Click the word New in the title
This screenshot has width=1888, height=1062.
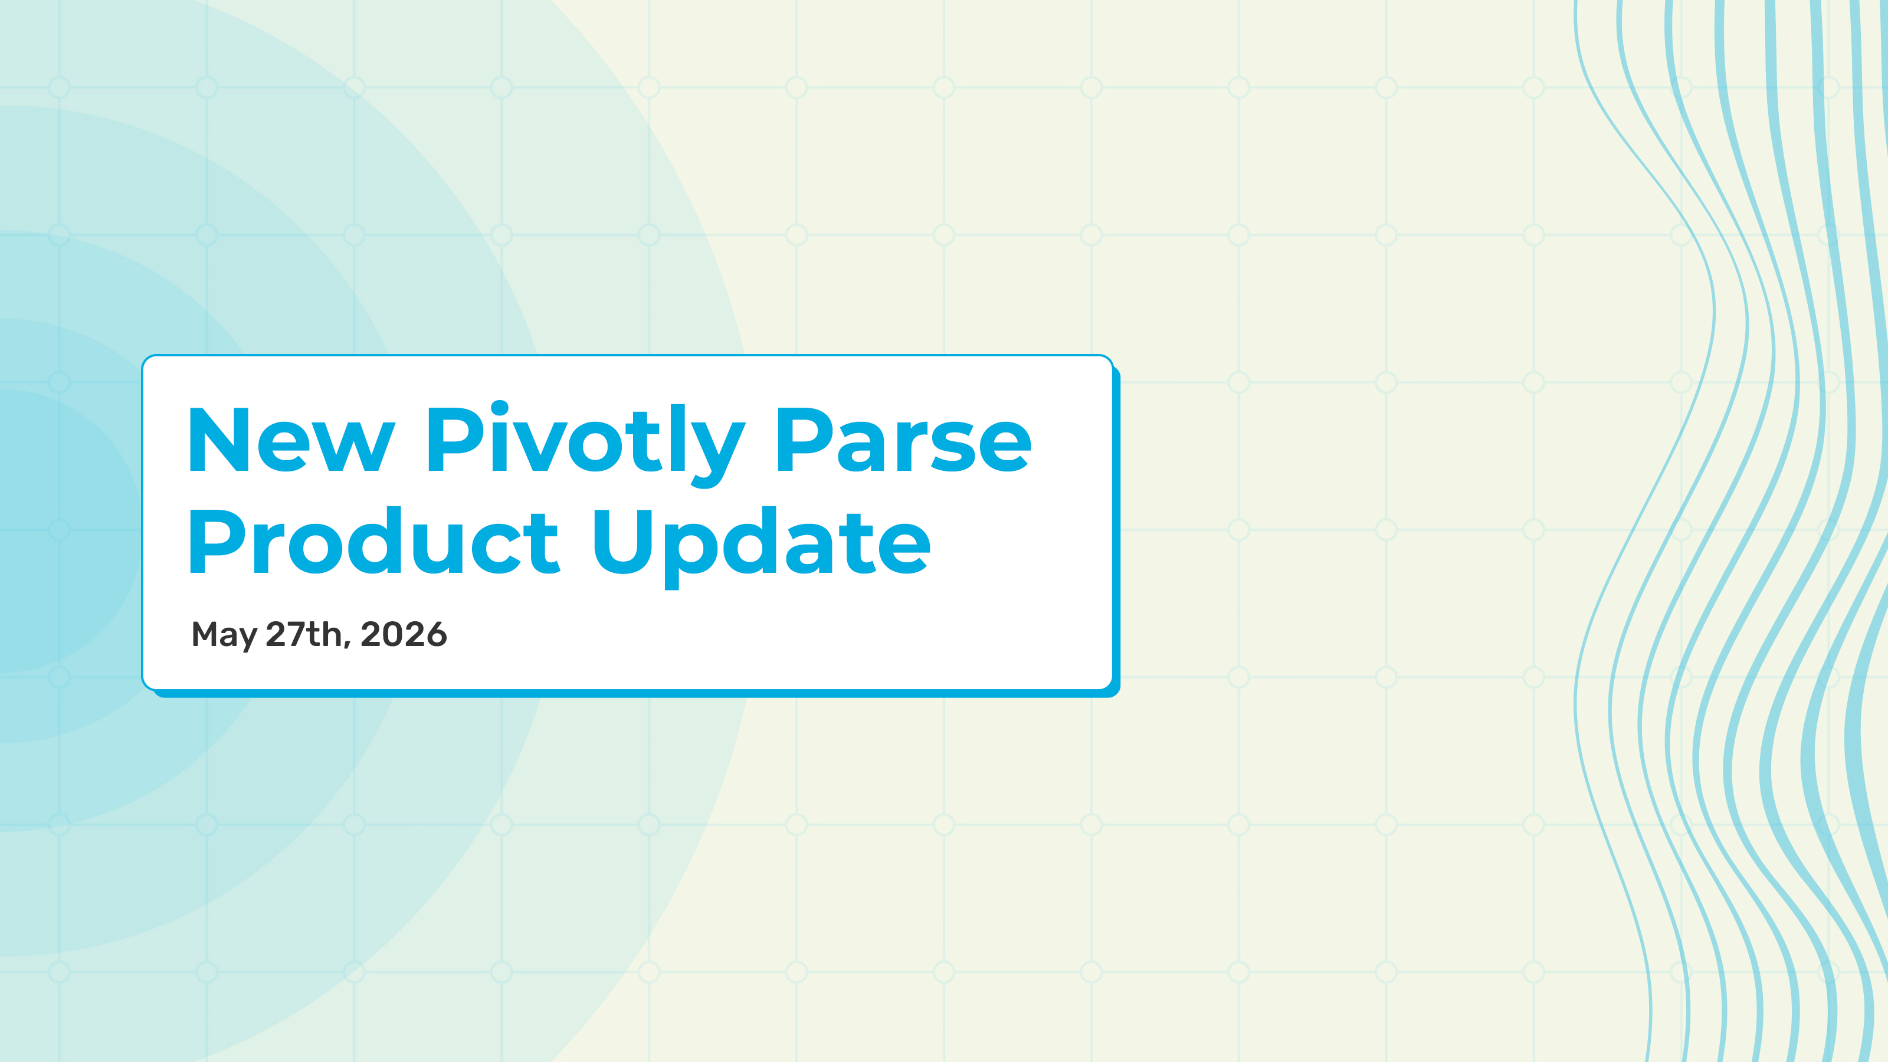(x=291, y=439)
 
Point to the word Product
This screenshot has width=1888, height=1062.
(x=375, y=540)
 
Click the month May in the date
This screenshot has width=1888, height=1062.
(x=224, y=635)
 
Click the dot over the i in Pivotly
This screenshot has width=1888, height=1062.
(x=499, y=409)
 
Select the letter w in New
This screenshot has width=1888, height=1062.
(x=355, y=447)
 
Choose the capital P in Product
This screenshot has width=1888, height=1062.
(x=216, y=541)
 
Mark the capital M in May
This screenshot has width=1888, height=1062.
(x=205, y=634)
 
